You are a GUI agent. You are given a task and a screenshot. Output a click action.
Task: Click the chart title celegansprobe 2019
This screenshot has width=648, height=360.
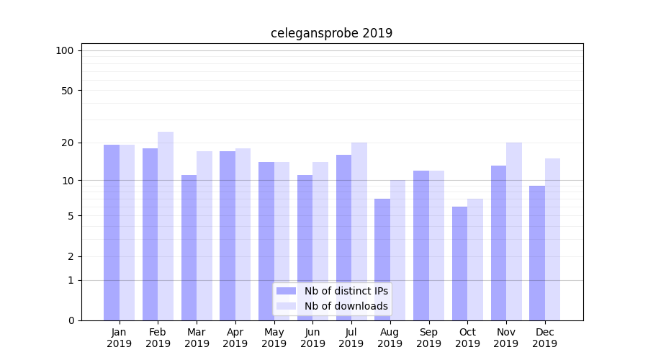[x=331, y=33]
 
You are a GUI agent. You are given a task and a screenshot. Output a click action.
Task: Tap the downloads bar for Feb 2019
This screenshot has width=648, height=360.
[x=166, y=226]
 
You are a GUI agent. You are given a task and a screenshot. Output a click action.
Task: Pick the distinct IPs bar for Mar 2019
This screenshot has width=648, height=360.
[x=189, y=248]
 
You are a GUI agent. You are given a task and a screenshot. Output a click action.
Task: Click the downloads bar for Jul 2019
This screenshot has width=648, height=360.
[x=359, y=231]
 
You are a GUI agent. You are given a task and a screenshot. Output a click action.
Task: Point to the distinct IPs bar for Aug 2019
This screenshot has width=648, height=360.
[x=382, y=259]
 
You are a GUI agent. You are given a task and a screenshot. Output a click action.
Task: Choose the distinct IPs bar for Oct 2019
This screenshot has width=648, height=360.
[x=459, y=264]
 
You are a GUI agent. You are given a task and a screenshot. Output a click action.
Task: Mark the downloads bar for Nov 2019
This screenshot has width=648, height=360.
[x=514, y=231]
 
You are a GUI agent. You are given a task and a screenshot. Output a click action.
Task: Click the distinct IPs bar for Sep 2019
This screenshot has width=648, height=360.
[x=421, y=246]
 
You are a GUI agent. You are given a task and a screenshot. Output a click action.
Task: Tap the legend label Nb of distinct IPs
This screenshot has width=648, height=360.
[x=346, y=291]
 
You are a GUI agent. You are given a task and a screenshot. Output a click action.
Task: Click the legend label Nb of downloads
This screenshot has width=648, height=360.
[x=346, y=306]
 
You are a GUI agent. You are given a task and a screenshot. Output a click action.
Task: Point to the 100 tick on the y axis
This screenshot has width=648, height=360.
[x=65, y=50]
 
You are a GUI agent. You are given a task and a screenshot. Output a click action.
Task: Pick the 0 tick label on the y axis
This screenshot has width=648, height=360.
[x=71, y=320]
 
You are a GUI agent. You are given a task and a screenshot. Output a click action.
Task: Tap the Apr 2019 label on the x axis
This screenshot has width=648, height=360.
[x=235, y=338]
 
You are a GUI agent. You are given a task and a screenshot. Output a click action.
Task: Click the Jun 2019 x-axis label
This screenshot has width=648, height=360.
[x=312, y=338]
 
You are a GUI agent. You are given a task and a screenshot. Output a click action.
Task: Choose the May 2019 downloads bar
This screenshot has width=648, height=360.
[x=282, y=241]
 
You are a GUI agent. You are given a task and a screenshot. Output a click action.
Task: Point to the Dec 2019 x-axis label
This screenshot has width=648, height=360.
[x=544, y=338]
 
